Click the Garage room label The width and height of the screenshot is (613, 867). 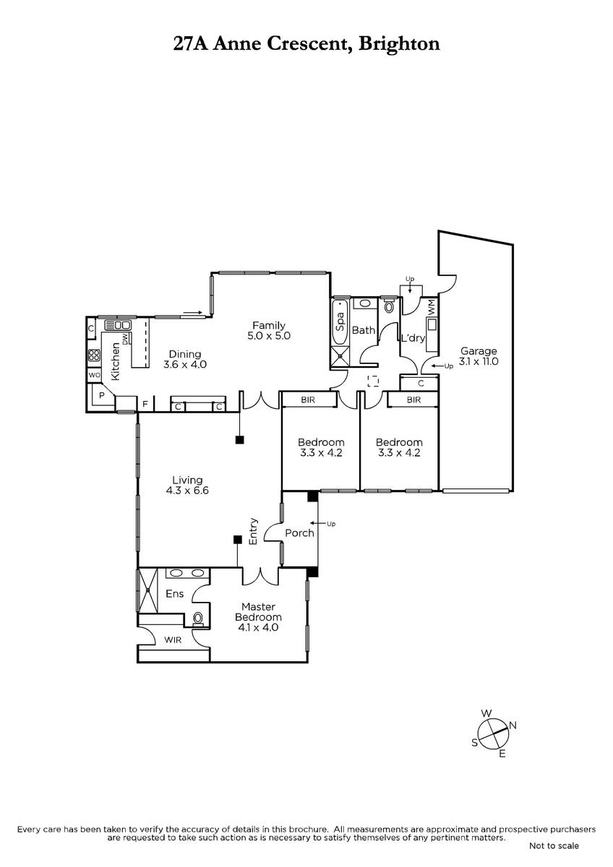(x=479, y=351)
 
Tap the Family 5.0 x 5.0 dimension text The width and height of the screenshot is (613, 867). (x=269, y=335)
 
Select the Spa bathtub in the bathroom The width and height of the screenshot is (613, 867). (x=340, y=322)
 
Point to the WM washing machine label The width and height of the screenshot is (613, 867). (x=432, y=307)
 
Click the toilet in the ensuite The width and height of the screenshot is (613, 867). (x=198, y=618)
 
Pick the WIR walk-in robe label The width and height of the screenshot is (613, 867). (x=173, y=640)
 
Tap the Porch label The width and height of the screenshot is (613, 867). (x=299, y=533)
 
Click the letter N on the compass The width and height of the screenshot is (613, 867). (x=513, y=725)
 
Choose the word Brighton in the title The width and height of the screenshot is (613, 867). (x=399, y=44)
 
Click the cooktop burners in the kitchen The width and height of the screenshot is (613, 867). (x=94, y=355)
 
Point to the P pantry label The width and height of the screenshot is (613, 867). (x=102, y=395)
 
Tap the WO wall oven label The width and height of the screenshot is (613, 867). (x=94, y=375)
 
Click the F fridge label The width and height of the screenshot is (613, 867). (x=145, y=404)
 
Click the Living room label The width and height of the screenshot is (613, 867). (x=187, y=480)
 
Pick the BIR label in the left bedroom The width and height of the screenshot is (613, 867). (x=308, y=400)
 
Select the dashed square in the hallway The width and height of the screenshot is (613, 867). (x=373, y=381)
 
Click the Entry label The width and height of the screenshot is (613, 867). (x=253, y=532)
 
